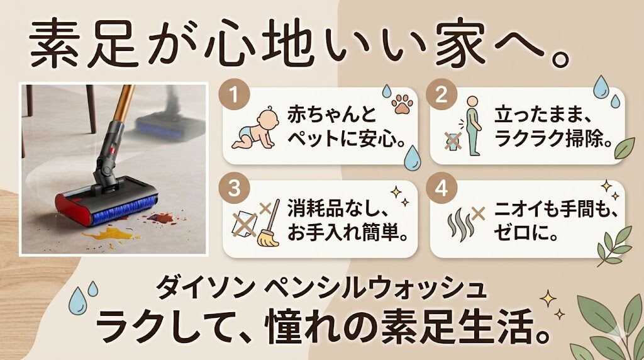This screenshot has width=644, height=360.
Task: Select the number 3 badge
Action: click(x=234, y=189)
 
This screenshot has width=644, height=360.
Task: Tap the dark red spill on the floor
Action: click(x=160, y=218)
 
